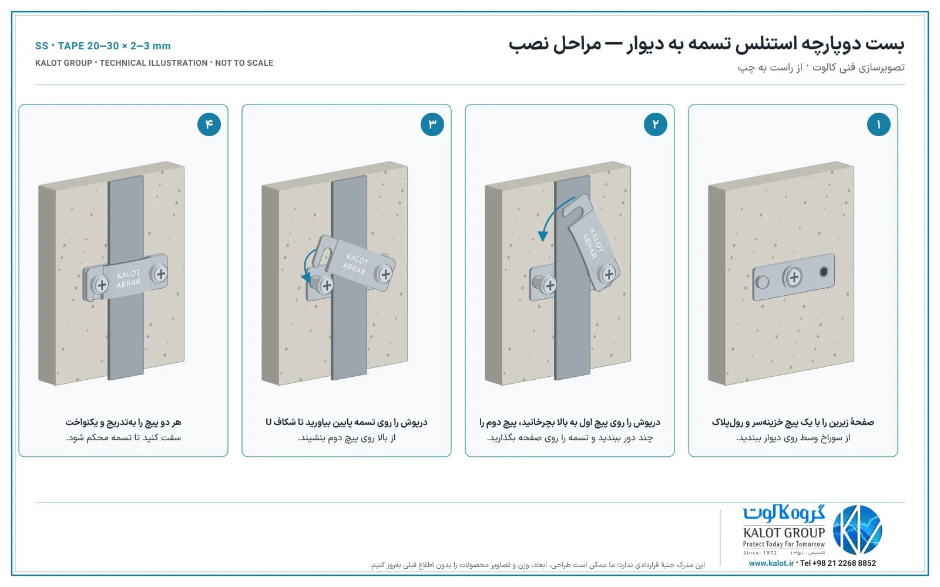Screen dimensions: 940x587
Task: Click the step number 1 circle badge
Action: pos(879,124)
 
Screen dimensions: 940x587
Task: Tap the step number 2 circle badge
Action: pos(656,124)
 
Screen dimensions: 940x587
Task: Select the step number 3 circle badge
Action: pos(432,124)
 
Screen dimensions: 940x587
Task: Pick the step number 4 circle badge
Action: pos(209,124)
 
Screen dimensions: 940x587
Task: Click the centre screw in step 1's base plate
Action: pos(793,276)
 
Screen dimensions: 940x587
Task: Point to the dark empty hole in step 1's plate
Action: pos(824,272)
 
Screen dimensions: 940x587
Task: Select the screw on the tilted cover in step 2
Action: pos(608,275)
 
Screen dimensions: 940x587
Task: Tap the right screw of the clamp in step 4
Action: pos(160,274)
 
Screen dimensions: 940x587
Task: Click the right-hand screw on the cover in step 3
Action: pos(385,274)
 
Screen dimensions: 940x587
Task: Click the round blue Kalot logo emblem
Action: pos(857,529)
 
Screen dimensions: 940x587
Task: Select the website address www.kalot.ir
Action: pos(771,563)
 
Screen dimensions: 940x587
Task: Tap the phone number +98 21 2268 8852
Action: pos(838,563)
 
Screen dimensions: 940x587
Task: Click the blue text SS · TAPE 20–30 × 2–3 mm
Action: pos(103,46)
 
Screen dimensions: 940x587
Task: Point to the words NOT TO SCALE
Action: pos(244,63)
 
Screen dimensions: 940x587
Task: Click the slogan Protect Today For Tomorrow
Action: pos(784,544)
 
